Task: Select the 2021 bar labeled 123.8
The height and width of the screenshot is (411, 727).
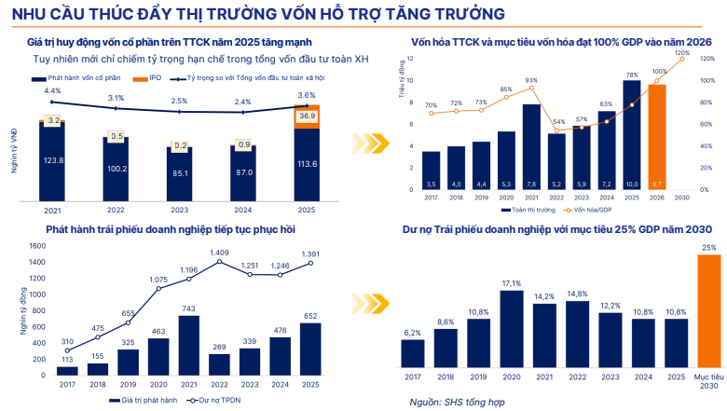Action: coord(52,160)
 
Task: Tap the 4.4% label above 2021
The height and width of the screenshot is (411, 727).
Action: coord(52,90)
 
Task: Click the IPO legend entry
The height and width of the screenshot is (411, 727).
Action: coord(154,78)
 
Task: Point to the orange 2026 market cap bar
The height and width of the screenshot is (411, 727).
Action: coord(657,137)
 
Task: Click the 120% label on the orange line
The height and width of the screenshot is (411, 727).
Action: coord(681,54)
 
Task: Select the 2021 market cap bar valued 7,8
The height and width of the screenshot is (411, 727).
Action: coord(531,146)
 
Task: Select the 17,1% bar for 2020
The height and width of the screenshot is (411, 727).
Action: coord(511,330)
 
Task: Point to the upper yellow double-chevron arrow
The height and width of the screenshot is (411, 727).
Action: coord(365,144)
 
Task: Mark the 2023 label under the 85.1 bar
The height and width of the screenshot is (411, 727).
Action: coord(178,209)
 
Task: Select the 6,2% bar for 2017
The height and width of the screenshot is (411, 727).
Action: coord(413,354)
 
